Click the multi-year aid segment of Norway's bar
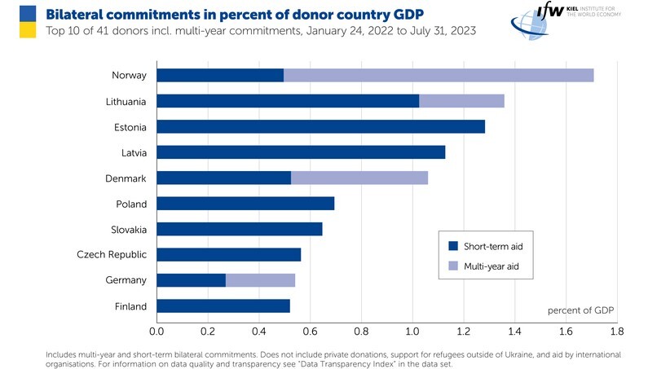pyautogui.click(x=439, y=76)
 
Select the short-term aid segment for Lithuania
pyautogui.click(x=288, y=101)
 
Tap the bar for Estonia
pyautogui.click(x=320, y=127)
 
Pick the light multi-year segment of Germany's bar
pyautogui.click(x=260, y=280)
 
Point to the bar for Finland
pyautogui.click(x=223, y=306)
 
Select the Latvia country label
pyautogui.click(x=130, y=152)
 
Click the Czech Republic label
pyautogui.click(x=112, y=255)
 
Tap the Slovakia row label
pyautogui.click(x=128, y=229)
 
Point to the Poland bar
pyautogui.click(x=245, y=204)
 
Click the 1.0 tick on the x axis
pyautogui.click(x=412, y=332)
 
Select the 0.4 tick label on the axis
pyautogui.click(x=258, y=332)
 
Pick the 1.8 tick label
pyautogui.click(x=616, y=332)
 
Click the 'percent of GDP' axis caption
pyautogui.click(x=580, y=310)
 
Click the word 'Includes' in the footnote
pyautogui.click(x=63, y=355)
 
